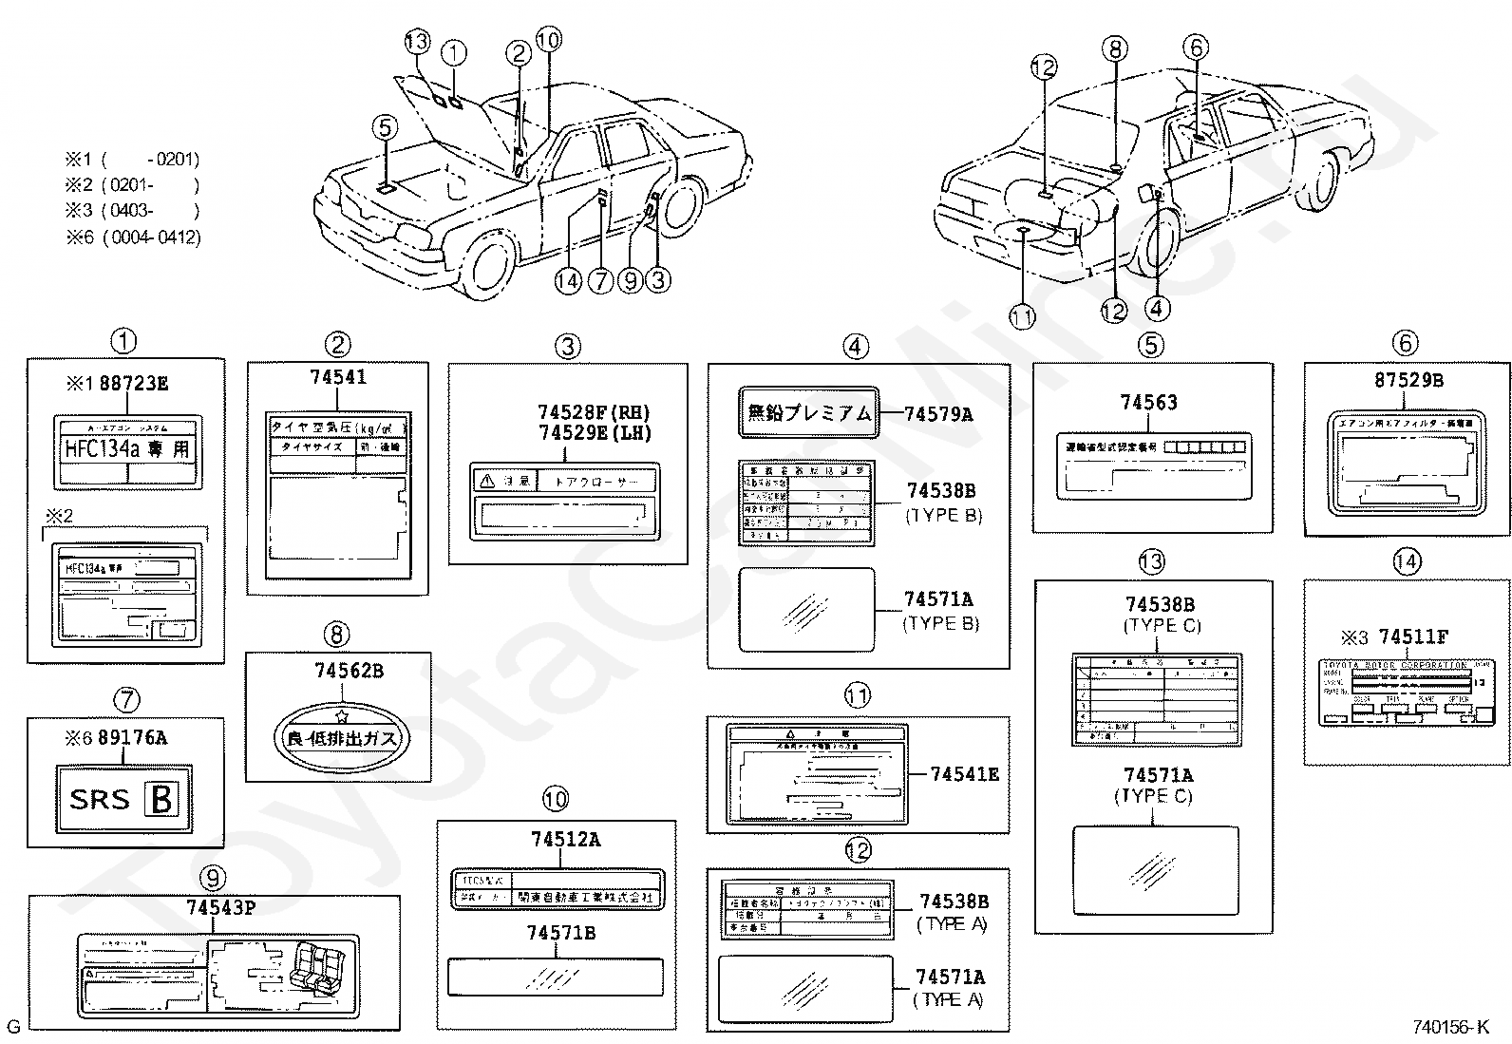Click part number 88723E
pos(134,384)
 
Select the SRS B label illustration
pos(123,799)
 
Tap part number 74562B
pos(349,671)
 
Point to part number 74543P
pos(220,907)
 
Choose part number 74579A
pos(938,413)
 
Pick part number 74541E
pos(964,774)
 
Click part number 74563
pos(1148,403)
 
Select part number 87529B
pos(1408,380)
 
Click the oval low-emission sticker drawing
pos(341,736)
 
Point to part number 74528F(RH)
pos(594,412)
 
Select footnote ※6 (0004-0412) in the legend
pos(133,237)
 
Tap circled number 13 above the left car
pos(416,42)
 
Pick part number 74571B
pos(560,933)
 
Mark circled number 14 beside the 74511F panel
pos(1407,561)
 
